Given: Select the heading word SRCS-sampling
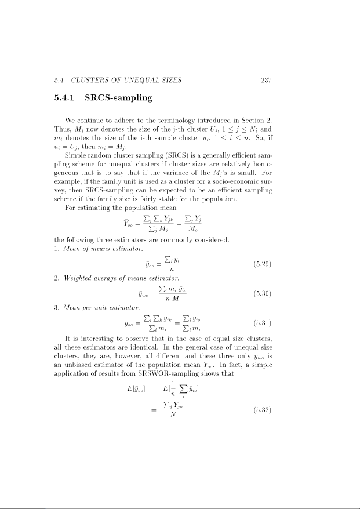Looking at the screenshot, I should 118,98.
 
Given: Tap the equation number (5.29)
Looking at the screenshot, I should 263,266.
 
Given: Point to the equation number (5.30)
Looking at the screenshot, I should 263,294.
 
